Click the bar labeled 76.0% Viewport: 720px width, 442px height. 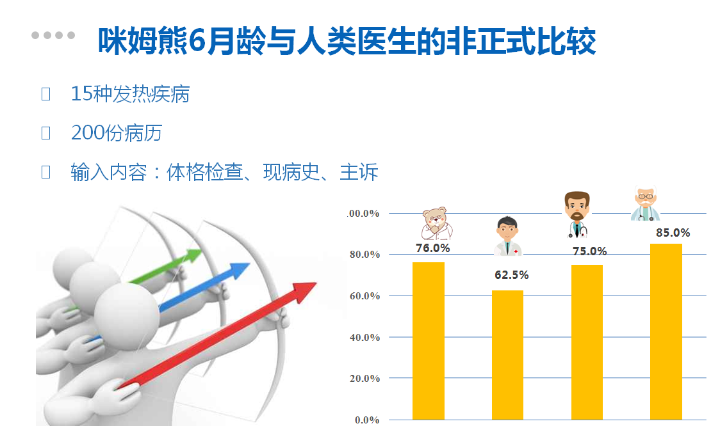(x=429, y=341)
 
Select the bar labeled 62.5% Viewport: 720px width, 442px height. (x=507, y=355)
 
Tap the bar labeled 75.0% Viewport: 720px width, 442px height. (x=587, y=342)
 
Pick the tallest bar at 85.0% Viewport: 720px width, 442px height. (x=666, y=331)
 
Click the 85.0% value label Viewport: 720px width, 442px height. (x=673, y=232)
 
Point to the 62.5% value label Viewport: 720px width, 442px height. (x=512, y=274)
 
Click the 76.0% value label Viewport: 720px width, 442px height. (x=432, y=248)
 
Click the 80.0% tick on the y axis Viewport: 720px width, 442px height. (x=364, y=255)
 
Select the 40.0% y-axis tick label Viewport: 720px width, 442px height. (x=364, y=338)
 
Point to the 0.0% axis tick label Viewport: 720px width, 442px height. (x=367, y=420)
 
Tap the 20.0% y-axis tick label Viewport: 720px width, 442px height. (x=364, y=379)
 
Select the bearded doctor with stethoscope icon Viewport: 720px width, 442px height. (x=577, y=214)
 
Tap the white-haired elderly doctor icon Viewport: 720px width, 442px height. (x=645, y=203)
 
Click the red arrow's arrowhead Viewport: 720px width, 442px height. (x=304, y=292)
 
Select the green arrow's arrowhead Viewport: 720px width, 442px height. (x=193, y=255)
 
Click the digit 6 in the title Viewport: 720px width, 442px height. (x=197, y=42)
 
